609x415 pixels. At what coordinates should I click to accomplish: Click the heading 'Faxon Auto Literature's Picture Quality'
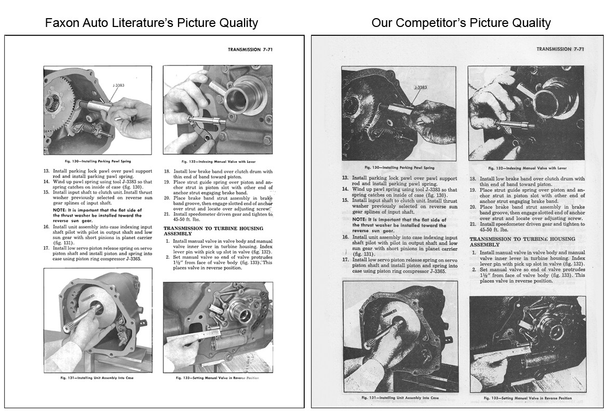[151, 23]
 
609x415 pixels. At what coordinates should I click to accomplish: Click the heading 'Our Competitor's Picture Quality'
[461, 23]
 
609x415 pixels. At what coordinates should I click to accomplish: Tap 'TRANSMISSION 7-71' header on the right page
[560, 49]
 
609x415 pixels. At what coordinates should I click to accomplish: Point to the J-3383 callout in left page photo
[118, 85]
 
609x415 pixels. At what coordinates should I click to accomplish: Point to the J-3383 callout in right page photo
[421, 87]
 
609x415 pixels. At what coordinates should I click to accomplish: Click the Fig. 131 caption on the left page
[98, 378]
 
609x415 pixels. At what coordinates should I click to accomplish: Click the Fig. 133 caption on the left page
[218, 378]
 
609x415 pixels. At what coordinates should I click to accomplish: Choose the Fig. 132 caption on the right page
[527, 168]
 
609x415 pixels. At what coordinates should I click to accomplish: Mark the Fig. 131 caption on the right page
[401, 398]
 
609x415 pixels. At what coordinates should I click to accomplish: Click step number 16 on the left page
[46, 227]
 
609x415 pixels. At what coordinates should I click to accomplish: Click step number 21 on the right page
[473, 224]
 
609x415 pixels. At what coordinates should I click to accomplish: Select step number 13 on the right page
[345, 178]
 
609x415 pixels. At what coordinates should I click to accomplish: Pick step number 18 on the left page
[167, 171]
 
